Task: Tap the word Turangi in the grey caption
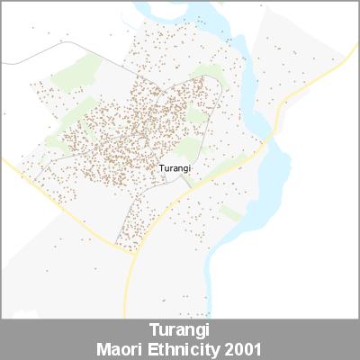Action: (x=179, y=329)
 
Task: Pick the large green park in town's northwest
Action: (x=76, y=72)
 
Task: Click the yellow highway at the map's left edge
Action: (x=4, y=163)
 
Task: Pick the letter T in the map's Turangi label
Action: (x=160, y=167)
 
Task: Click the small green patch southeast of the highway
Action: (x=230, y=212)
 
